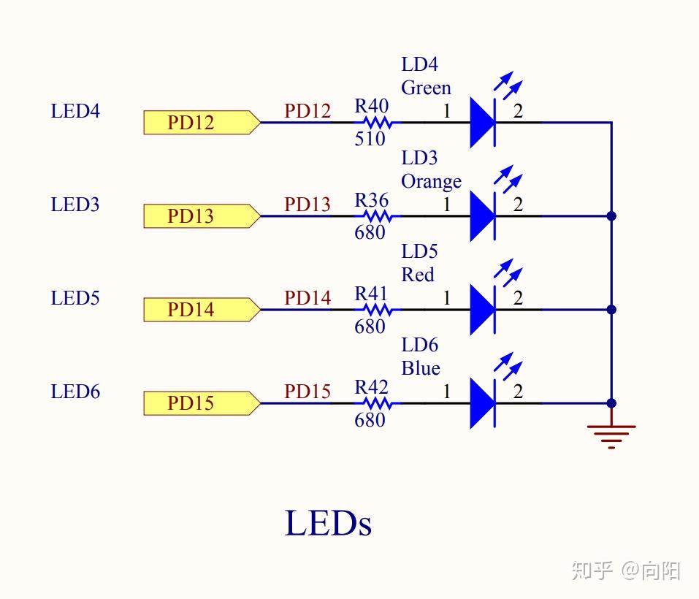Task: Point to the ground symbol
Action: [x=611, y=435]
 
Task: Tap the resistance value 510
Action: [x=370, y=139]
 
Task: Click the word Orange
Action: [x=431, y=181]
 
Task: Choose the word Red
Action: [x=418, y=275]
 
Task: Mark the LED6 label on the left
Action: [x=75, y=392]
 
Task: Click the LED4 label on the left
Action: [x=75, y=112]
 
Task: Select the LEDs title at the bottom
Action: [x=328, y=524]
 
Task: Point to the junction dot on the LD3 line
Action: [x=611, y=216]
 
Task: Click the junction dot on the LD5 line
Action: [x=611, y=310]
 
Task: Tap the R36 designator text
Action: [x=372, y=200]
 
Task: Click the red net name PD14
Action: [x=308, y=298]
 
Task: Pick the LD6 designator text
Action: [x=419, y=345]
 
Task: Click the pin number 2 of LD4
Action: [x=518, y=112]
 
